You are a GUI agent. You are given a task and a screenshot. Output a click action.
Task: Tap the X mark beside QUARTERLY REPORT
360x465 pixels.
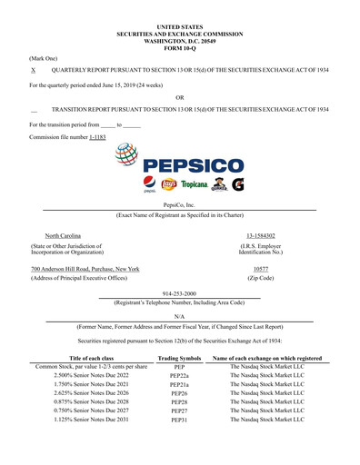34,70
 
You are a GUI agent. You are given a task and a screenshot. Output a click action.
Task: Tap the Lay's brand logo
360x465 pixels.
166,184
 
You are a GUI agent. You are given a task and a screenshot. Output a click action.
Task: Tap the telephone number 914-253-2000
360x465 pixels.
179,294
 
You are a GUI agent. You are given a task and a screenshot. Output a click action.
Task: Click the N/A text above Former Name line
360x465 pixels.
179,316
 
